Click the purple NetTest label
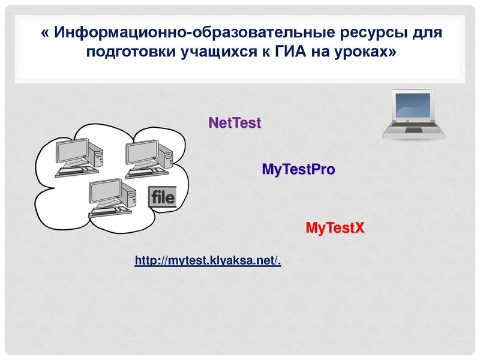click(235, 123)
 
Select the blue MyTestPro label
click(298, 169)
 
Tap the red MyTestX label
click(335, 228)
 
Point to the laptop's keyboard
click(414, 130)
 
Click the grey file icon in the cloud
click(162, 197)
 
